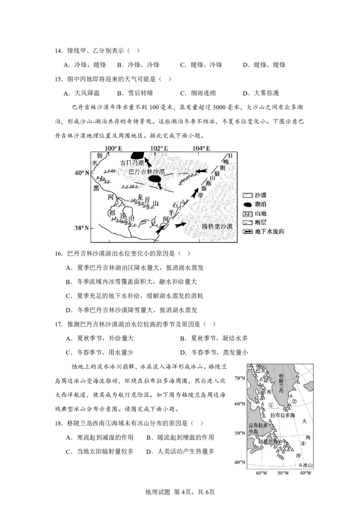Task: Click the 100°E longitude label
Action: point(113,148)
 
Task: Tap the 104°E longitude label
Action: point(201,148)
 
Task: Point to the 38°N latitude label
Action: point(81,228)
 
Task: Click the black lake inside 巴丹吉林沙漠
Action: point(155,179)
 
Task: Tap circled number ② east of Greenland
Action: point(295,401)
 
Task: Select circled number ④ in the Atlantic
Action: point(303,443)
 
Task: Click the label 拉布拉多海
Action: point(285,416)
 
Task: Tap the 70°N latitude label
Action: point(239,378)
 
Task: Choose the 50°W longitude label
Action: point(283,473)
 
